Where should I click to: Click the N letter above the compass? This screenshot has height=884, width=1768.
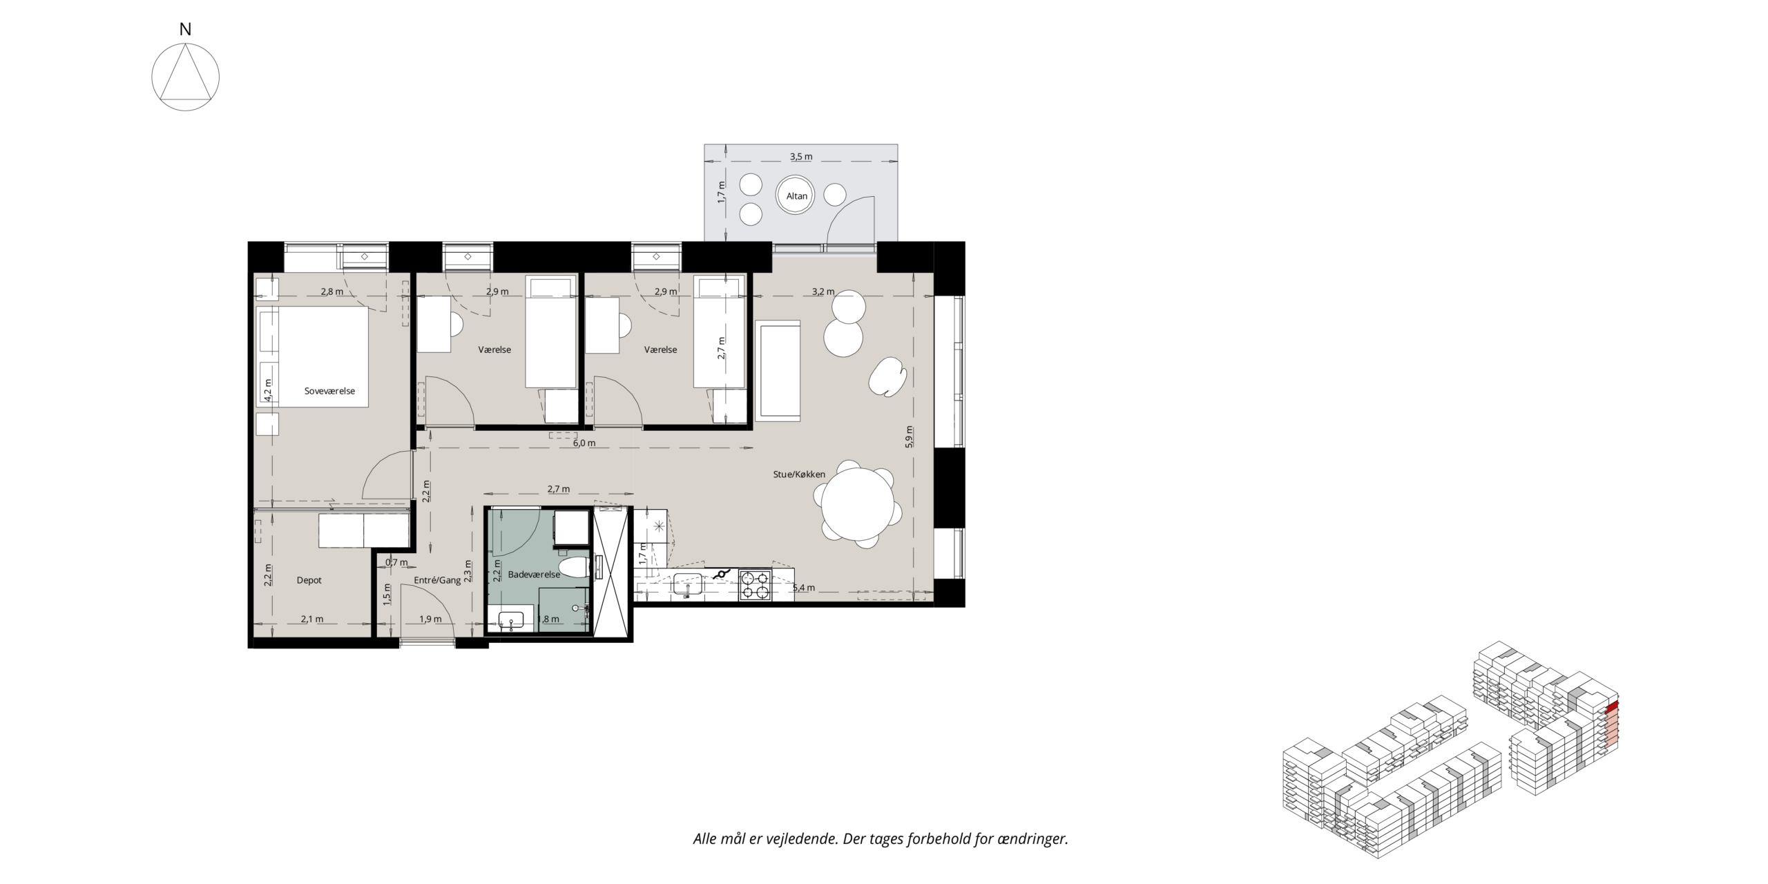tap(185, 30)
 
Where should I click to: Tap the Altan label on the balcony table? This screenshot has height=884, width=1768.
tap(797, 196)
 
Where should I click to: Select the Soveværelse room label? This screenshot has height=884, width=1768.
tap(329, 391)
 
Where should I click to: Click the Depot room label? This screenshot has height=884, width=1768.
tap(309, 580)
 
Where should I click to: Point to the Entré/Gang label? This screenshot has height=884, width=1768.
tap(437, 580)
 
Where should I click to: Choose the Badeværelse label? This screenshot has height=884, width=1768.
tap(534, 575)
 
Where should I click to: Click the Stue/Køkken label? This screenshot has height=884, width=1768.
tap(799, 474)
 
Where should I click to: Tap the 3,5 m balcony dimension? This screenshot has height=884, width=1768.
tap(801, 157)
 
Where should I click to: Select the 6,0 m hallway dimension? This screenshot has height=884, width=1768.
tap(584, 443)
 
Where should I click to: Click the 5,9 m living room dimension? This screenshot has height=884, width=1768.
tap(910, 437)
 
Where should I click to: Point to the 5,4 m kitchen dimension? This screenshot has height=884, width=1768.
tap(803, 588)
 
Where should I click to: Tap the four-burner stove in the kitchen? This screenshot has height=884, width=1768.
tap(755, 584)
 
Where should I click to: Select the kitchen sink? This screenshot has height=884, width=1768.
tap(688, 584)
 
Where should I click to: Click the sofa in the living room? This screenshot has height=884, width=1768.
tap(778, 370)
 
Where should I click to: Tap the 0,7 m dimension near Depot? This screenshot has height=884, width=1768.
tap(396, 562)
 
